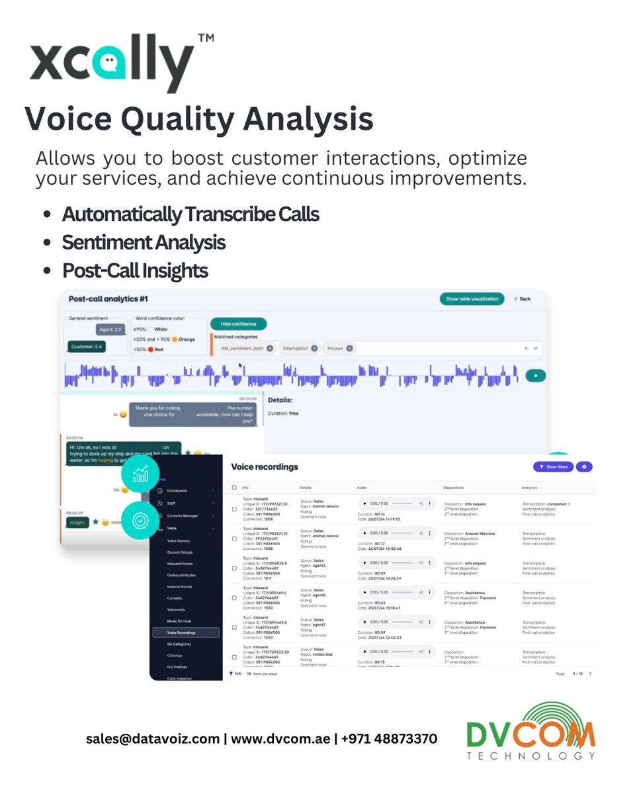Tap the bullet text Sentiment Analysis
(144, 243)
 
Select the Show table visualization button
(472, 299)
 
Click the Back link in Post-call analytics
(523, 299)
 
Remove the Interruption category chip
(314, 348)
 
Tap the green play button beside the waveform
(535, 375)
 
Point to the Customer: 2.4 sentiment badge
(86, 346)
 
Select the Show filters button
(553, 466)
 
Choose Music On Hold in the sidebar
(180, 621)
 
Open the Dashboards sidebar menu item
(177, 491)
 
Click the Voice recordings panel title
(265, 467)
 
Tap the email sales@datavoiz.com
(153, 738)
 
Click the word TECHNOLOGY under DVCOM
(530, 755)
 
